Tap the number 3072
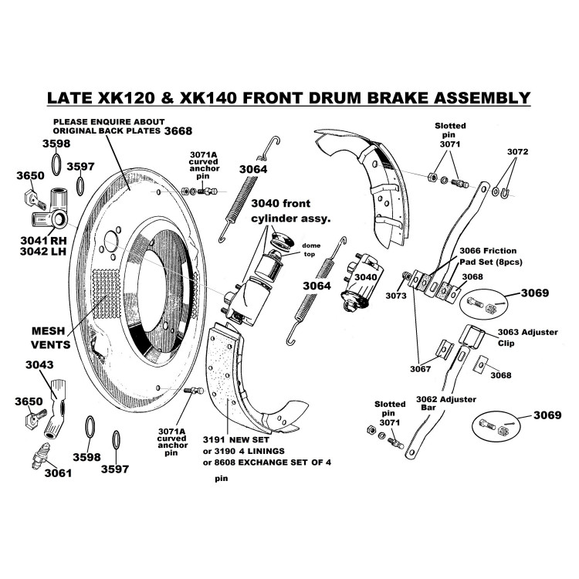pyautogui.click(x=518, y=151)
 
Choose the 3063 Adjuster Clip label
pyautogui.click(x=510, y=337)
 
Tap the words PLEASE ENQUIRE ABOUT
pyautogui.click(x=108, y=121)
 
